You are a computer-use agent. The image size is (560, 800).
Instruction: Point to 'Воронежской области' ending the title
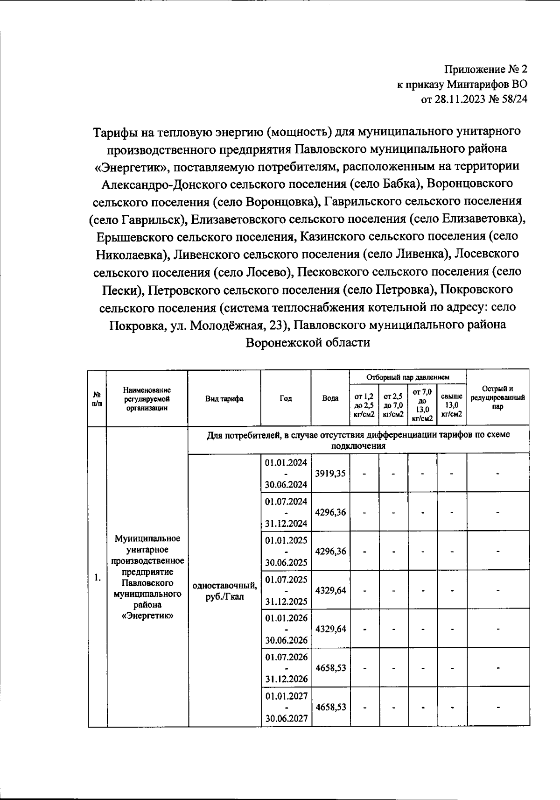pyautogui.click(x=308, y=342)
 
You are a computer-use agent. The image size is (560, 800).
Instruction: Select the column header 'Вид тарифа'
pyautogui.click(x=224, y=398)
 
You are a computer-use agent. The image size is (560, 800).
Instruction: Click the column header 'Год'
pyautogui.click(x=286, y=398)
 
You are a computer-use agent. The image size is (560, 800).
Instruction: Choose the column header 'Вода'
pyautogui.click(x=330, y=398)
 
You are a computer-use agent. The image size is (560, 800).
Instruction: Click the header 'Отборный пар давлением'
pyautogui.click(x=408, y=377)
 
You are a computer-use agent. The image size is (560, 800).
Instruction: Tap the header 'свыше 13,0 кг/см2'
pyautogui.click(x=452, y=404)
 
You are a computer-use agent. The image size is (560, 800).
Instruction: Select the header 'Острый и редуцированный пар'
pyautogui.click(x=497, y=397)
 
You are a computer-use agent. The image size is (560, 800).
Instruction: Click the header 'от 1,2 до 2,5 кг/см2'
pyautogui.click(x=364, y=404)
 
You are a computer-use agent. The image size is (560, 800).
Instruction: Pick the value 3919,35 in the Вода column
pyautogui.click(x=330, y=473)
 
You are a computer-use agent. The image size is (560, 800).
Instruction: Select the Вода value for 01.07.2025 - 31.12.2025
pyautogui.click(x=330, y=590)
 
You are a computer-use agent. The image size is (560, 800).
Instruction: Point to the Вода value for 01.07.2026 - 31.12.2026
pyautogui.click(x=330, y=668)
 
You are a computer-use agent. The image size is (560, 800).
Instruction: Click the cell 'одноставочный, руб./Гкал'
pyautogui.click(x=224, y=591)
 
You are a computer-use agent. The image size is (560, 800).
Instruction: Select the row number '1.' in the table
pyautogui.click(x=97, y=578)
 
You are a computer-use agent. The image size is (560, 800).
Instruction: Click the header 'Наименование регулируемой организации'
pyautogui.click(x=147, y=398)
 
